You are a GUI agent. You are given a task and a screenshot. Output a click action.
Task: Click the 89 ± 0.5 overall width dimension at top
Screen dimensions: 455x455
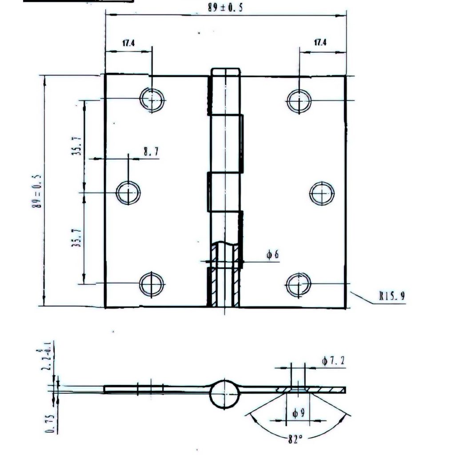225,8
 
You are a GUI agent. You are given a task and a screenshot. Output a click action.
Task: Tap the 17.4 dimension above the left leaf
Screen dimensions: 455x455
128,43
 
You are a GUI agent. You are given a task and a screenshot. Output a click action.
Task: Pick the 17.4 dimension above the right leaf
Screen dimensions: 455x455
320,43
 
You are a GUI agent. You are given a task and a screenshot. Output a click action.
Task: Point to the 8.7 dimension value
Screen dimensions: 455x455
150,152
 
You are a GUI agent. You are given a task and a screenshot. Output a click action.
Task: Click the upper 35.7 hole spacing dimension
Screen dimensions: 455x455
76,145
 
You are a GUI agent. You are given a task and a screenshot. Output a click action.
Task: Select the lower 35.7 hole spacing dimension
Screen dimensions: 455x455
76,237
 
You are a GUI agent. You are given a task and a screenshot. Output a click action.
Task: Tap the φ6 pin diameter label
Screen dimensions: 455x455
272,255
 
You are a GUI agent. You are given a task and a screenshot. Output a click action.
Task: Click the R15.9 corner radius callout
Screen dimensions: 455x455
392,296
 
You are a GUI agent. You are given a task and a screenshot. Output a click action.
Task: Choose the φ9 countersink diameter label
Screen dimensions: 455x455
298,413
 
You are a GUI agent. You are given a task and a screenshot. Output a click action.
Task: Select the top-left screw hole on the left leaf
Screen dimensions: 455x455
152,100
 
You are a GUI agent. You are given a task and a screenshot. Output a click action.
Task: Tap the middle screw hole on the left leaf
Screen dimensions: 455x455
128,192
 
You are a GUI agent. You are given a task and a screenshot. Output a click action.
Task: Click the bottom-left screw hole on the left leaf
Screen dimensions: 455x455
152,284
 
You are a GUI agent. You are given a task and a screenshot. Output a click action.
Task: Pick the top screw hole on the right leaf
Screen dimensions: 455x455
299,101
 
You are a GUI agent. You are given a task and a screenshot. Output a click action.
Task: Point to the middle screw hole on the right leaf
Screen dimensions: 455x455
322,193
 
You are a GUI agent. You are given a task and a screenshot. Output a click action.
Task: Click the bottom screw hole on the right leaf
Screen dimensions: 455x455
298,284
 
